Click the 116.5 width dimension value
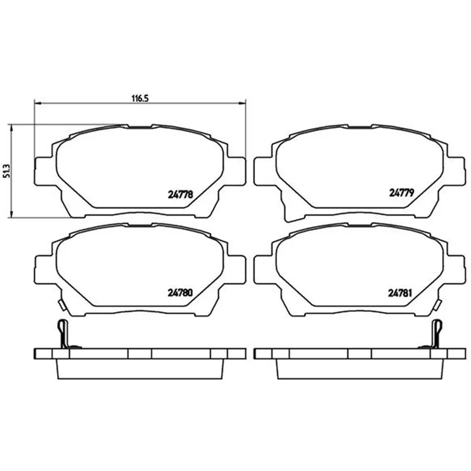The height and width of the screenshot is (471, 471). pos(140,98)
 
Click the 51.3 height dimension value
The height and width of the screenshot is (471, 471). pos(6,171)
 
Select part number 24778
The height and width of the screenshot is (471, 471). pos(180,195)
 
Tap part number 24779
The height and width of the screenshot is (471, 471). pos(402,193)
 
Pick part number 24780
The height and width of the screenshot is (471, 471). pos(180,293)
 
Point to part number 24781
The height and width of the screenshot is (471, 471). pos(400,293)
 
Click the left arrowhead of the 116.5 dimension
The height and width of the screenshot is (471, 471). pos(38,104)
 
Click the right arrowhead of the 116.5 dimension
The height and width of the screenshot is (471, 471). pos(242,104)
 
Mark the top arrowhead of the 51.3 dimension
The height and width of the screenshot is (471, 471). pos(11,128)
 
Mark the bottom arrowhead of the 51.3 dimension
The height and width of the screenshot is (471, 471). pos(11,214)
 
